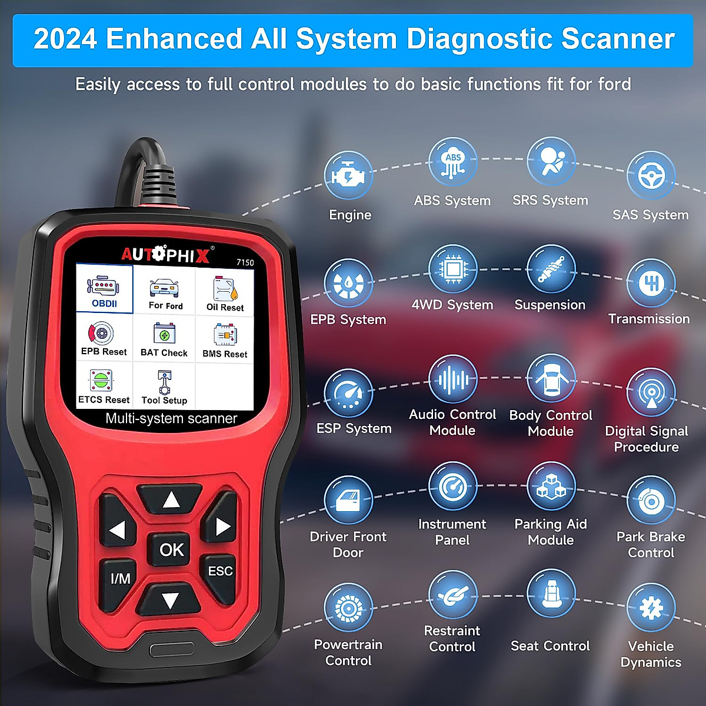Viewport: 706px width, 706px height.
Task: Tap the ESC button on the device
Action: (x=220, y=571)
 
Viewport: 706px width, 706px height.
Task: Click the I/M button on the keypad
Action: (x=121, y=578)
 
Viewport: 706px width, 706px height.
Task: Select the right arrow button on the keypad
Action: (x=222, y=526)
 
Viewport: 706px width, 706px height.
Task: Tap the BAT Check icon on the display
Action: (x=164, y=339)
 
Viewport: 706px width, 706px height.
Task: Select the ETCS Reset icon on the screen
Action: (x=104, y=386)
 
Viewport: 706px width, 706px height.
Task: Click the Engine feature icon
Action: (x=348, y=175)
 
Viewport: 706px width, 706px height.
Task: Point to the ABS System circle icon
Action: (x=452, y=162)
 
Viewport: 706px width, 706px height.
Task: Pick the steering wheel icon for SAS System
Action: (x=651, y=175)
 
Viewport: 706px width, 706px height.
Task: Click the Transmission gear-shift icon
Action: (x=651, y=283)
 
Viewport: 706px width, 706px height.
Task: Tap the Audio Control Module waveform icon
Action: (x=452, y=379)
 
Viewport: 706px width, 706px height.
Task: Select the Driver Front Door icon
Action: (x=348, y=500)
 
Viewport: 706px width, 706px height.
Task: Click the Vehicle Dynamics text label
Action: (x=651, y=654)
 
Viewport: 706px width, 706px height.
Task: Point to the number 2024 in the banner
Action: (x=65, y=39)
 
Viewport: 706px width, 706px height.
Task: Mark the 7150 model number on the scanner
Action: (x=245, y=262)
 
